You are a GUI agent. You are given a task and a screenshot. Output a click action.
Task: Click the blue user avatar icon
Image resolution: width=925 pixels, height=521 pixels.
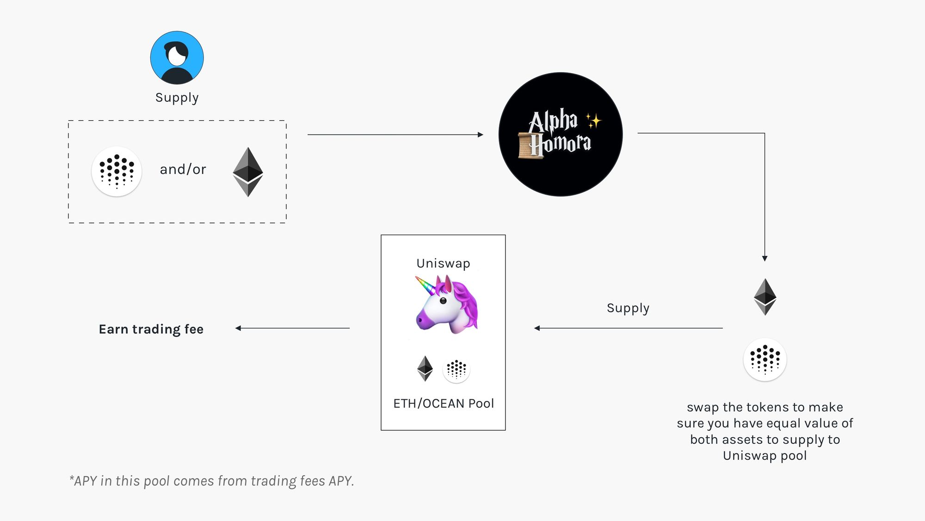[177, 58]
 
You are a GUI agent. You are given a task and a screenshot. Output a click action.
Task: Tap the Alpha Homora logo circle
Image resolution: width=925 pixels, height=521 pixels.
[561, 134]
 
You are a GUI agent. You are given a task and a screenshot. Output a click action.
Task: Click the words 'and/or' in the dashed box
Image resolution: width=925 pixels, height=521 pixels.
[183, 169]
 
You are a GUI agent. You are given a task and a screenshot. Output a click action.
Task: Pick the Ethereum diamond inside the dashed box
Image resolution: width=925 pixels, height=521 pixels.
[248, 172]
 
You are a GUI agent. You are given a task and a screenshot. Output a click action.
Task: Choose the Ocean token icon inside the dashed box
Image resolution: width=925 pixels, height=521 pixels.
[117, 172]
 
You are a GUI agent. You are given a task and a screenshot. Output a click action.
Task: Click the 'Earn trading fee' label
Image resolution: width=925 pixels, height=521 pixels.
[151, 329]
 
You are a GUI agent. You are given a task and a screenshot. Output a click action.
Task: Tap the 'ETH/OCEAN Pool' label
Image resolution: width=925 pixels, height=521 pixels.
[444, 403]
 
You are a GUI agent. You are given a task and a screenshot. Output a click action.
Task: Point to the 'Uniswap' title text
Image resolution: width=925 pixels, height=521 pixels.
[443, 263]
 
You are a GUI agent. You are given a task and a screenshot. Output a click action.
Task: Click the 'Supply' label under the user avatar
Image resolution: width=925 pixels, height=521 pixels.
[177, 98]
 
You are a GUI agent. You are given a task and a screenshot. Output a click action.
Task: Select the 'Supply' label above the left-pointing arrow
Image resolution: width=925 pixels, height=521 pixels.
[628, 308]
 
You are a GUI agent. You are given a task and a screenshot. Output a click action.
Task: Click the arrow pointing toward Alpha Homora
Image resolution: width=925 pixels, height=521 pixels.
[395, 135]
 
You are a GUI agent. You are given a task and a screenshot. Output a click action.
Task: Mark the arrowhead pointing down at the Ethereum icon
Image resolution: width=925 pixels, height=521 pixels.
[765, 258]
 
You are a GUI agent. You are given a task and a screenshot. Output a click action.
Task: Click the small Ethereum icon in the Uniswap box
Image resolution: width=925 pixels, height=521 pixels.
[425, 368]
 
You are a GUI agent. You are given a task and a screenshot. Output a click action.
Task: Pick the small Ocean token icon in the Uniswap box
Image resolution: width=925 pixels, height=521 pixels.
[456, 369]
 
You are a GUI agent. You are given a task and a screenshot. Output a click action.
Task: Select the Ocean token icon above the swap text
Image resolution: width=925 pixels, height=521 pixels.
[765, 360]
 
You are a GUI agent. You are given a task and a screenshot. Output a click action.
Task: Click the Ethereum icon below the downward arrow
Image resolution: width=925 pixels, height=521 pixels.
[765, 297]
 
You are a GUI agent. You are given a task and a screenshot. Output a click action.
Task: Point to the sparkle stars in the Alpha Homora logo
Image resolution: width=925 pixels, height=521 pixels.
[593, 121]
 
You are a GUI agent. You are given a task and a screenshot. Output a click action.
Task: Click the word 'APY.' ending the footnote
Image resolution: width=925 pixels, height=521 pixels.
[341, 481]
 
